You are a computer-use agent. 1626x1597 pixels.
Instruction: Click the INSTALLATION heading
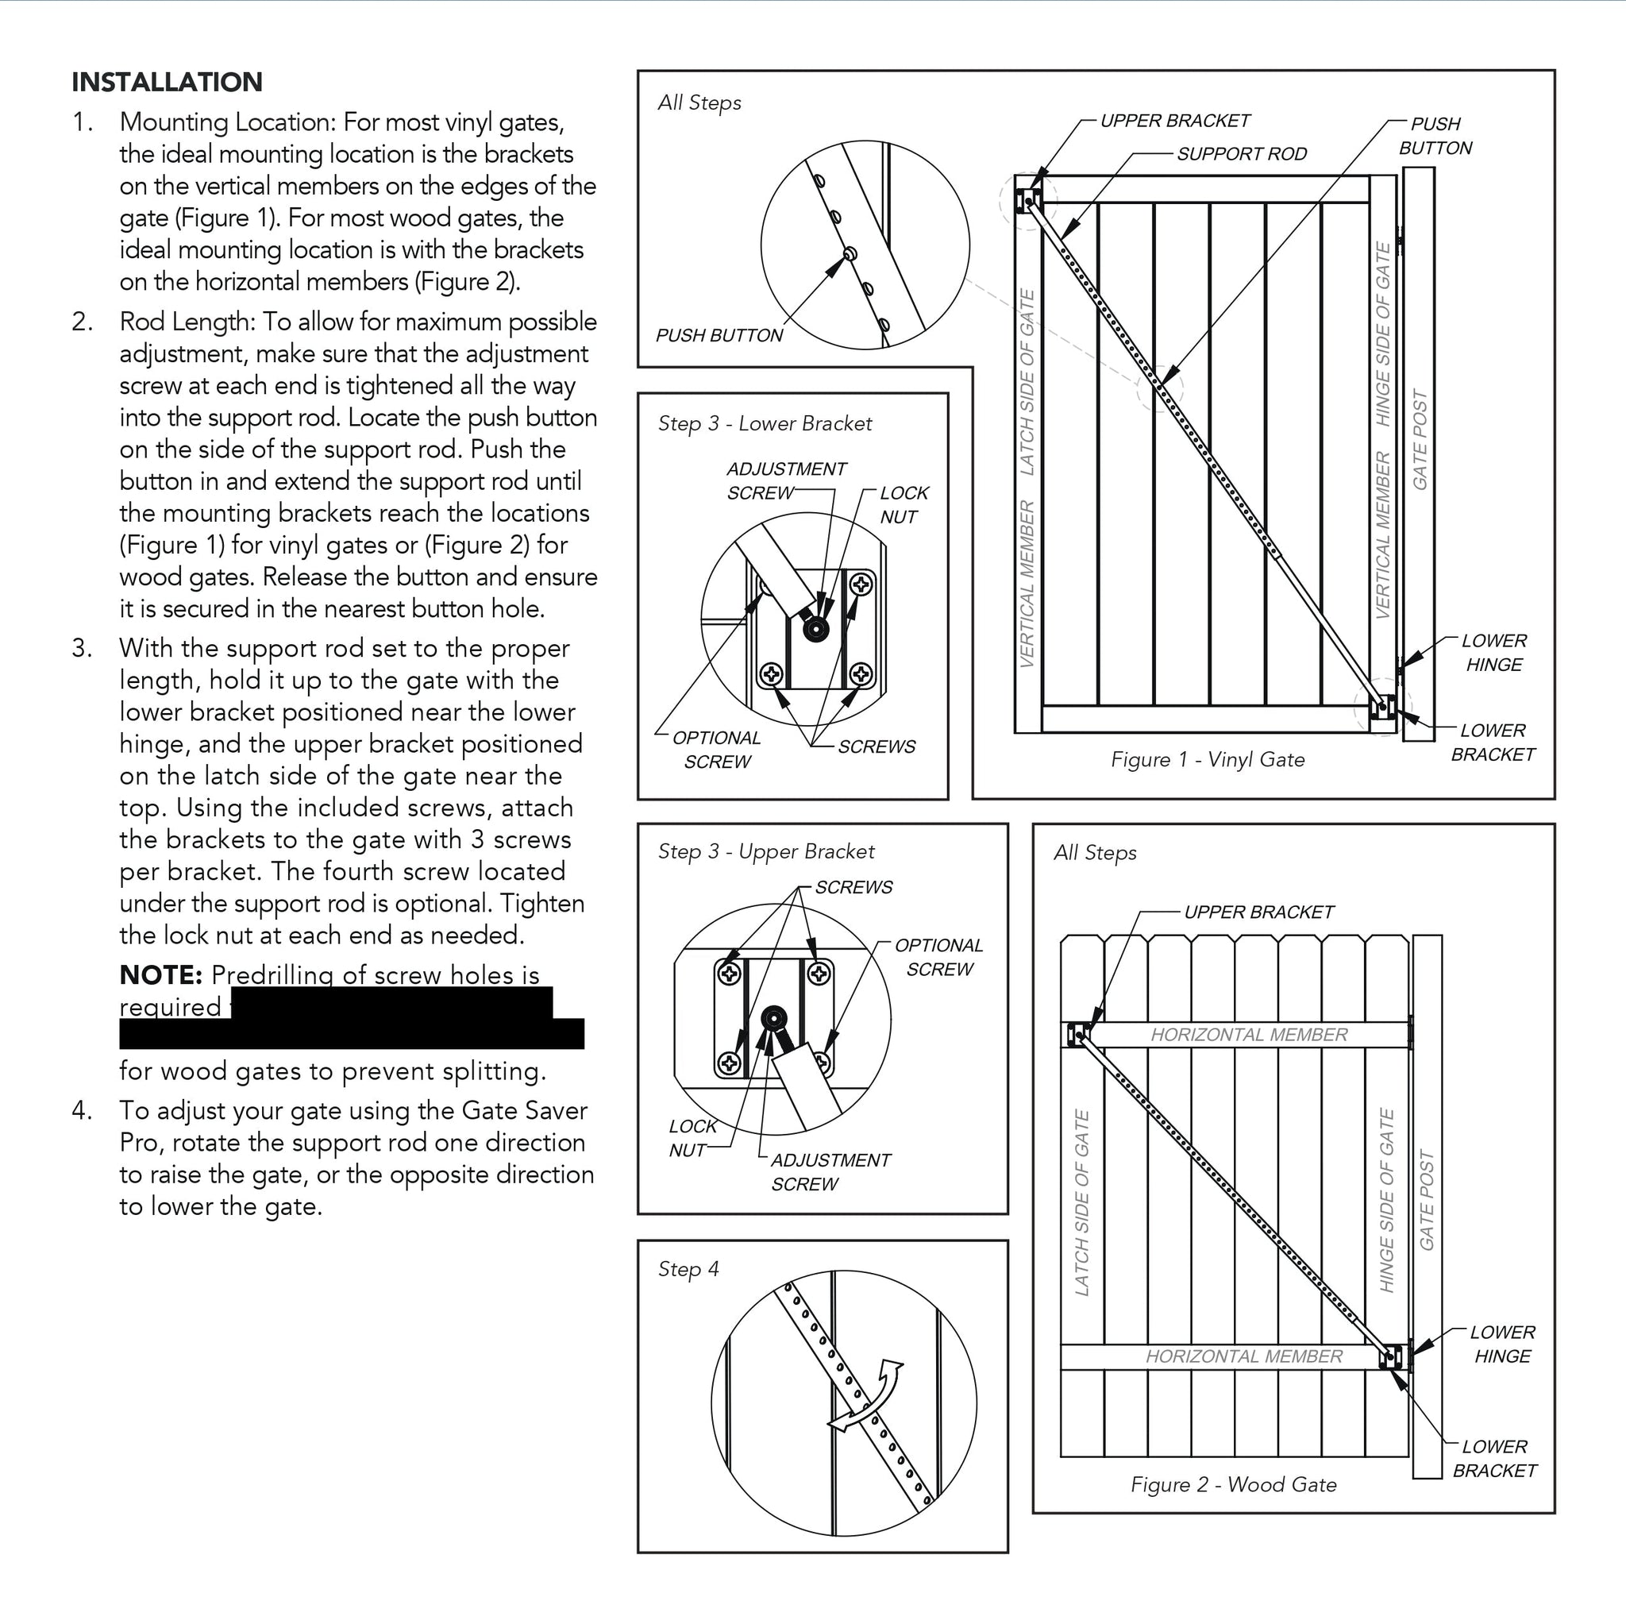coord(167,83)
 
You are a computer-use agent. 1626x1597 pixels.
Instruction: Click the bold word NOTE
coord(161,974)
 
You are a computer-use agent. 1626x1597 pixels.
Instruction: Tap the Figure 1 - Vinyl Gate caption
coord(1208,760)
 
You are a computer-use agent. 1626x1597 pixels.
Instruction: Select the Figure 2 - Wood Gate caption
coord(1234,1484)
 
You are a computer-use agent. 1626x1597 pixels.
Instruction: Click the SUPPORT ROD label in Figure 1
coord(1242,154)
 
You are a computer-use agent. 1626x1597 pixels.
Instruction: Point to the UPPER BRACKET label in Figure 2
coord(1258,912)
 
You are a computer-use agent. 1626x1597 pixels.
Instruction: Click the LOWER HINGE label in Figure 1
coord(1493,653)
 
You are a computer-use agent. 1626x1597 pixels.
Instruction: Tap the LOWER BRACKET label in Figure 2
coord(1494,1459)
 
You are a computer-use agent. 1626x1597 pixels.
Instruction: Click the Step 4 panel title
coord(688,1270)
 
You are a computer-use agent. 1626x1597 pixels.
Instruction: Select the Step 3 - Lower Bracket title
coord(765,423)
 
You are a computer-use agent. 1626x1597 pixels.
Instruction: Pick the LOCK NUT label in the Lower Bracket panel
coord(904,505)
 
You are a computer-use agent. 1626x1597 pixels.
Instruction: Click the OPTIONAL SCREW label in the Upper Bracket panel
coord(938,957)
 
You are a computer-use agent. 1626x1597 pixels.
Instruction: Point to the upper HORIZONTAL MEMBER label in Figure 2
coord(1249,1035)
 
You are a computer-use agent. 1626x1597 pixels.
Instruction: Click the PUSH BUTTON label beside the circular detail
coord(719,335)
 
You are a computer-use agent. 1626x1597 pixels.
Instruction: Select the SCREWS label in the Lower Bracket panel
coord(877,746)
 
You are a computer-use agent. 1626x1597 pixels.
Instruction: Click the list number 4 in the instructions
coord(81,1110)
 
